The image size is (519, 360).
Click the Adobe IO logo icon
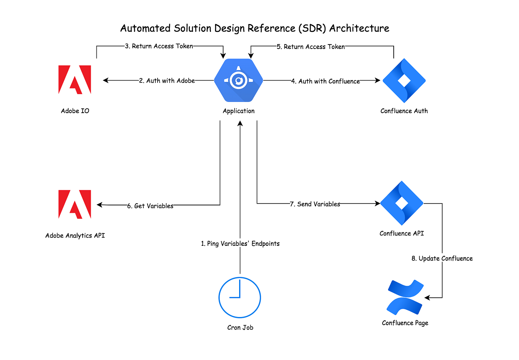coord(75,80)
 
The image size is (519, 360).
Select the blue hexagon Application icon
coord(238,80)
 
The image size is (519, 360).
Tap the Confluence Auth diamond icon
coord(404,80)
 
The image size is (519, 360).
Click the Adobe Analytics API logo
coord(75,204)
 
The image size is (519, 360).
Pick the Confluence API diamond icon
coord(401,203)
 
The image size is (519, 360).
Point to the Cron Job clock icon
coord(239,297)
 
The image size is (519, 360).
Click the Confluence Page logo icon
coord(405,297)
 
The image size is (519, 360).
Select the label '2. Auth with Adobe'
coord(167,80)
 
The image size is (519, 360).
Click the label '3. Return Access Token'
coord(159,46)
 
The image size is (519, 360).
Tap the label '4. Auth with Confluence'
coord(325,81)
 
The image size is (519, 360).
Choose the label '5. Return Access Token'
coord(311,47)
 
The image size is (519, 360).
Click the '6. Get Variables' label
coord(150,206)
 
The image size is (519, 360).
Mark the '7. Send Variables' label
coord(315,204)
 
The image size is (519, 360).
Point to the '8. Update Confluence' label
coord(442,258)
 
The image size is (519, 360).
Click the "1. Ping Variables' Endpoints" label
coord(240,244)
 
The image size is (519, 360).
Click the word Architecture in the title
coord(359,28)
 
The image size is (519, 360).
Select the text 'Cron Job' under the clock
coord(240,327)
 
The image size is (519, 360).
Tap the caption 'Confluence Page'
coord(405,323)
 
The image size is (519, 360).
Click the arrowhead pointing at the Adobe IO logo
coord(106,80)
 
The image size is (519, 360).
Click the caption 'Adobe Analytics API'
coord(75,235)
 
